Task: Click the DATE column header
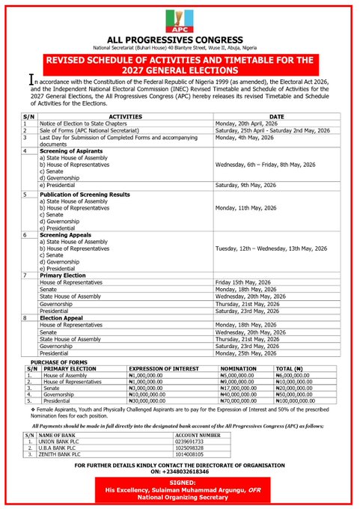pos(277,117)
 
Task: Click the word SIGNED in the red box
pos(180,483)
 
